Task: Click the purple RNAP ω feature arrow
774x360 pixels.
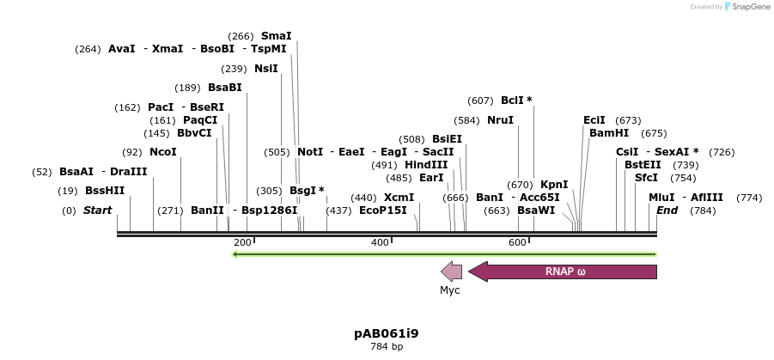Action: (564, 272)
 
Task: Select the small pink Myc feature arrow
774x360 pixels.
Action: (452, 272)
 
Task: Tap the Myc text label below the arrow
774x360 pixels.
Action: (450, 290)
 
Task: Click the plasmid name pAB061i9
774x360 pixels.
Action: (387, 333)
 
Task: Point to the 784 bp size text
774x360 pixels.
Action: (387, 347)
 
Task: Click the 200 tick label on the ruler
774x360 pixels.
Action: (242, 243)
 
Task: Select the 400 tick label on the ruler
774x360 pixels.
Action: (380, 243)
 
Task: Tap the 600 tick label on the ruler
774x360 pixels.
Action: (517, 243)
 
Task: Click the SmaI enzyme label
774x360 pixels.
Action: (277, 36)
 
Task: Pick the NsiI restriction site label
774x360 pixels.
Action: (266, 69)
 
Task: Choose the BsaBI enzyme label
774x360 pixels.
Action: (225, 88)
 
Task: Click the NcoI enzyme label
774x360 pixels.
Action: (163, 152)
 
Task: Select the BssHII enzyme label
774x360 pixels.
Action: (105, 191)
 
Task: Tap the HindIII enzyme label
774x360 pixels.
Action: (426, 165)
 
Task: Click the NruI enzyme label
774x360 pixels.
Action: (500, 120)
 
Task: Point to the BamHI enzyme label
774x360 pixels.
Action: (609, 133)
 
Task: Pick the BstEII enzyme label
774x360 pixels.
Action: (643, 165)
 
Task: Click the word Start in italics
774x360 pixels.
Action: (97, 211)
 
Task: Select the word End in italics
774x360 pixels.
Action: (667, 211)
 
